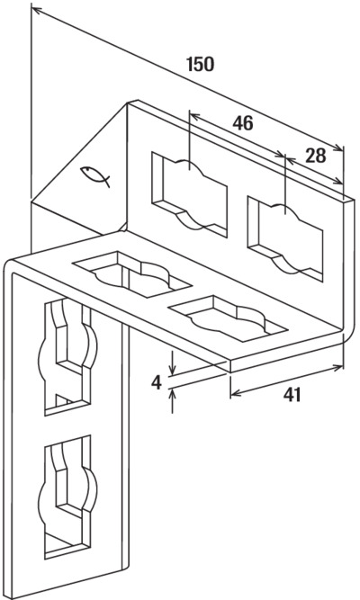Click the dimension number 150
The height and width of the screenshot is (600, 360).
click(x=201, y=64)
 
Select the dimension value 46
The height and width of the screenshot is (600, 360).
click(x=243, y=123)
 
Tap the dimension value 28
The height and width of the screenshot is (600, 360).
click(x=316, y=156)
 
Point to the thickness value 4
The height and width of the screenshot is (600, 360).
click(x=157, y=383)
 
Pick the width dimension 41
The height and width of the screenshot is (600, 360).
click(x=292, y=395)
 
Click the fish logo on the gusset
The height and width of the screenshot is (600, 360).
click(x=95, y=176)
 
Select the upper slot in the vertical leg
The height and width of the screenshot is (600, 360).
click(x=67, y=356)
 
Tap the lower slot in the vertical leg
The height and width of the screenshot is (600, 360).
click(x=67, y=497)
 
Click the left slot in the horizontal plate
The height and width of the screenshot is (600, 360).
click(x=131, y=274)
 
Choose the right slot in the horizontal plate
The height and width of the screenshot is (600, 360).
click(x=228, y=318)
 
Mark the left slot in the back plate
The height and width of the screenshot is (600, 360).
click(x=190, y=194)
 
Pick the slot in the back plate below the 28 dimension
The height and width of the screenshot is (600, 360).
click(x=285, y=238)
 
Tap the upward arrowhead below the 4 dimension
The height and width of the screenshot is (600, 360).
click(x=172, y=394)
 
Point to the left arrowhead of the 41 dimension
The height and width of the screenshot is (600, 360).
click(x=237, y=393)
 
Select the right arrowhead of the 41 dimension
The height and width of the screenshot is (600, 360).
click(x=337, y=368)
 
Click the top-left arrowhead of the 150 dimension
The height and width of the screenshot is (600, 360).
click(x=37, y=10)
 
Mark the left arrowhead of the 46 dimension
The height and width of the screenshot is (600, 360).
click(x=195, y=115)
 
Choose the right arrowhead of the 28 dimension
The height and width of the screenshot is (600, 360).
click(x=337, y=181)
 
